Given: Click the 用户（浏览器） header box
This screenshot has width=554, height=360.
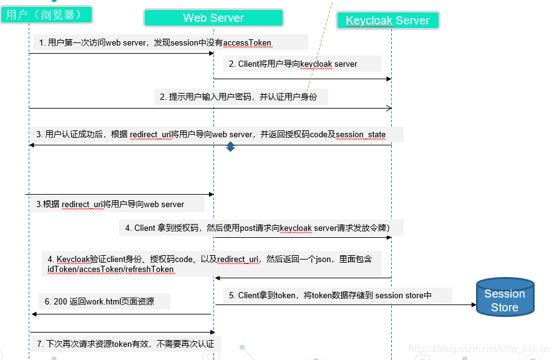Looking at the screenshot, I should pyautogui.click(x=47, y=14).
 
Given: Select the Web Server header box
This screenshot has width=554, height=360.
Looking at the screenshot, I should pyautogui.click(x=213, y=18).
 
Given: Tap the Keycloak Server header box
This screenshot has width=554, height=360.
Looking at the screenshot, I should pyautogui.click(x=387, y=21).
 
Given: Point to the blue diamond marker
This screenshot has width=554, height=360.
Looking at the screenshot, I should pyautogui.click(x=230, y=147).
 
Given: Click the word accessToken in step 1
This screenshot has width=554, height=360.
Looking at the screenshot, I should pyautogui.click(x=247, y=43).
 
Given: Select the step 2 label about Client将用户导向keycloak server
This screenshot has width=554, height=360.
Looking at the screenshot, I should pyautogui.click(x=293, y=64).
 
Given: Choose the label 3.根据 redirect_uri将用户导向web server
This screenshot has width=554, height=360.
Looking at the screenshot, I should pyautogui.click(x=110, y=204).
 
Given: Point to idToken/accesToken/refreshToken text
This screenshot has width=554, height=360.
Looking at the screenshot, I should pyautogui.click(x=110, y=269).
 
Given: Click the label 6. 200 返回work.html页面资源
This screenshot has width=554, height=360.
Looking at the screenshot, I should pyautogui.click(x=99, y=301).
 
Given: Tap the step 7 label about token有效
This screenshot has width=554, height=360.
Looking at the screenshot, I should pyautogui.click(x=125, y=344).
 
